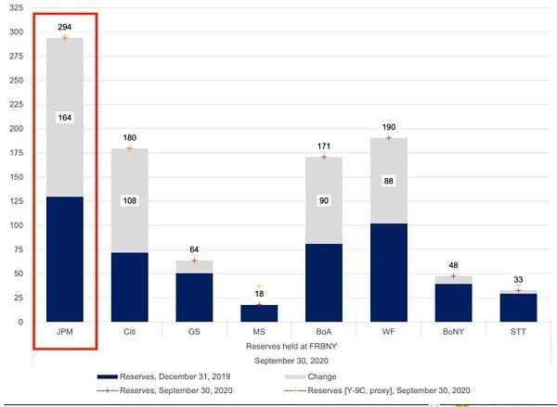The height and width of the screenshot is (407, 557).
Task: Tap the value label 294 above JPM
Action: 64,28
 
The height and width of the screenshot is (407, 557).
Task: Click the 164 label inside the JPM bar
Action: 64,118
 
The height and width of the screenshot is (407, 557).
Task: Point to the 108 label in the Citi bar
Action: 130,200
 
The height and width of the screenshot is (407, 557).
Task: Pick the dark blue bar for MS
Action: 260,313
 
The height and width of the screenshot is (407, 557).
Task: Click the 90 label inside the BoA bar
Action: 324,200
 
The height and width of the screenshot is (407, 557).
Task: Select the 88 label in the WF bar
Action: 389,181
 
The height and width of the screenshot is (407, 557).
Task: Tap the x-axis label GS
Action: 195,331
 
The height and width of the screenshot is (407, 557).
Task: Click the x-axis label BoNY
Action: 454,331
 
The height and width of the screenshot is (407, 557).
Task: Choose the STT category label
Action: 518,331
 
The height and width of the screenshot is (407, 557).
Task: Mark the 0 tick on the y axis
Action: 19,322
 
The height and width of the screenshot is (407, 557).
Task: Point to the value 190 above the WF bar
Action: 389,127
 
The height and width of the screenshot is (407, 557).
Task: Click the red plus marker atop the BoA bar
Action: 324,157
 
